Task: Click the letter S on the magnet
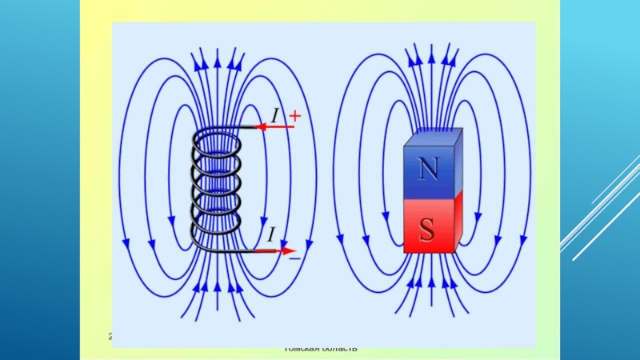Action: click(x=427, y=230)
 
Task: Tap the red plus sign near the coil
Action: click(x=294, y=116)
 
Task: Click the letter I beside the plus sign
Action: click(x=274, y=117)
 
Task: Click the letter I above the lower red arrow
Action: click(x=272, y=235)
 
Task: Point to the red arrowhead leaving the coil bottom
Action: click(x=288, y=250)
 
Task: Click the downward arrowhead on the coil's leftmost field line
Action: click(x=126, y=239)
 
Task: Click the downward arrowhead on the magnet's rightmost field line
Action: click(x=524, y=238)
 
